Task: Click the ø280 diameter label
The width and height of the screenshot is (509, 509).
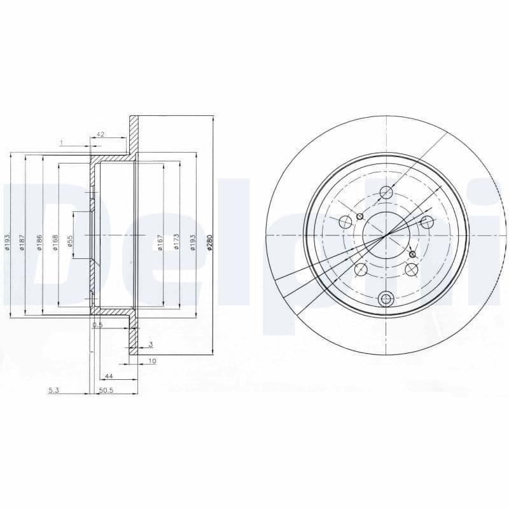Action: (209, 242)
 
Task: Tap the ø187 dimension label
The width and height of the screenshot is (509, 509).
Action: (22, 242)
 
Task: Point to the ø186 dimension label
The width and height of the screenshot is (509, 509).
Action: (39, 242)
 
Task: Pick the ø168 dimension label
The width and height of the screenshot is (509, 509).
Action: (55, 242)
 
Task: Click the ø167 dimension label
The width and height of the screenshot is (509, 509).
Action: (160, 242)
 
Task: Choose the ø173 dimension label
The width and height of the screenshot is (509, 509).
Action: (176, 242)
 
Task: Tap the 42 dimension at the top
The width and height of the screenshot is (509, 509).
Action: (100, 134)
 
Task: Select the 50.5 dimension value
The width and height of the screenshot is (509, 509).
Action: (106, 391)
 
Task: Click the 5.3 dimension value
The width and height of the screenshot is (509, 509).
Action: (53, 391)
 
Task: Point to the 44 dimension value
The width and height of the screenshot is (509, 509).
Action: (109, 377)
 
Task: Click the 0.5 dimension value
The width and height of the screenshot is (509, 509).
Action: (97, 325)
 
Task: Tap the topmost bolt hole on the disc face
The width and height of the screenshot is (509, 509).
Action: (386, 192)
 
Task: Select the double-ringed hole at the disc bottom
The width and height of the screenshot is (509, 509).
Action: (386, 298)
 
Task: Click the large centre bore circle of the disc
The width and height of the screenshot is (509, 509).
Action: (386, 235)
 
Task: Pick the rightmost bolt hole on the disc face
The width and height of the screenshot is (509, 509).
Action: (427, 221)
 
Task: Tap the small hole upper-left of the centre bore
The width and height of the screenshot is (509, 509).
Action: (360, 216)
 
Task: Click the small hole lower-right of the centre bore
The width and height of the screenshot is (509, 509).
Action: (412, 254)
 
